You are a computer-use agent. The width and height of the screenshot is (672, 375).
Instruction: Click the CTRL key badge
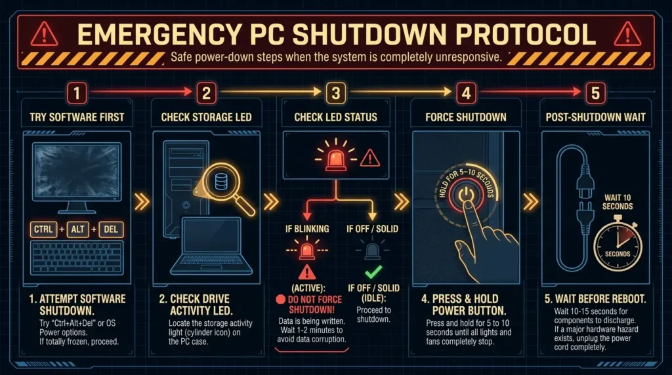[43, 229]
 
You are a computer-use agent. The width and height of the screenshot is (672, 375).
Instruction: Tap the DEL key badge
[110, 229]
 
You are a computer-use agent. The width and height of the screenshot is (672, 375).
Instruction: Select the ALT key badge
[77, 229]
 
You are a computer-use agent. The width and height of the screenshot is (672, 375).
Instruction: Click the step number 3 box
[336, 93]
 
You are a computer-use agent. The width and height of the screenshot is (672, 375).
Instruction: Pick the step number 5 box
[595, 93]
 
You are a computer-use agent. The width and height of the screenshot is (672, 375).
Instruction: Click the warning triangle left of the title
[44, 34]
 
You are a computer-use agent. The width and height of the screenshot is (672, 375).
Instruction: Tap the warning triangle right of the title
[627, 34]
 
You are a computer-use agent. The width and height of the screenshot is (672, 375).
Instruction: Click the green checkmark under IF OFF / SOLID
[373, 272]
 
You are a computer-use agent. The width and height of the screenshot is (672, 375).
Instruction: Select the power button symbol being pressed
[467, 195]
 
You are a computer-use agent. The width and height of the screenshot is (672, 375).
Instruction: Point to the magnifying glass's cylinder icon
[221, 182]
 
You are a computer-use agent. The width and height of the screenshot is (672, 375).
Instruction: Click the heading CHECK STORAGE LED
[206, 117]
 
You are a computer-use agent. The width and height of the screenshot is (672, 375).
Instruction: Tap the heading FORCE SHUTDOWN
[466, 117]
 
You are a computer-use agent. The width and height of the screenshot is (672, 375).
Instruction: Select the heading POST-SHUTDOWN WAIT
[595, 117]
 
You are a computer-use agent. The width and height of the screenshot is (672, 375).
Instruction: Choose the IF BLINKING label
[307, 229]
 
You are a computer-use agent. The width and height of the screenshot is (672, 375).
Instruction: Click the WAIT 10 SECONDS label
[618, 202]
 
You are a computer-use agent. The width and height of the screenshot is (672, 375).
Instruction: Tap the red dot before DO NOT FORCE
[281, 300]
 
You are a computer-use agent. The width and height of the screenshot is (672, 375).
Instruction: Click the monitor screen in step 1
[77, 171]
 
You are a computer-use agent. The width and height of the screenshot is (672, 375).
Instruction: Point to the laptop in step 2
[211, 246]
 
